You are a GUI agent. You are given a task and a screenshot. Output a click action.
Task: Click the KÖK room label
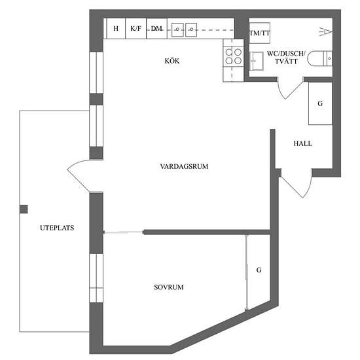pyautogui.click(x=172, y=61)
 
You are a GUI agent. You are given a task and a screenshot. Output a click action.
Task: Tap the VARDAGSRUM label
pyautogui.click(x=184, y=166)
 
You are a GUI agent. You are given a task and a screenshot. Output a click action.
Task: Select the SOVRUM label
pyautogui.click(x=169, y=287)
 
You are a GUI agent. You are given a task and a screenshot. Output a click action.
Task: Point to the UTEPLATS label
pyautogui.click(x=57, y=228)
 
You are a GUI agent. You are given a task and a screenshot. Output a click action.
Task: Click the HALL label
pyautogui.click(x=303, y=143)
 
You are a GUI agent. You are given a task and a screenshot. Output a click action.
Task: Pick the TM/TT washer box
pyautogui.click(x=259, y=33)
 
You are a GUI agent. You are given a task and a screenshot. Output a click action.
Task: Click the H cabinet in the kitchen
pyautogui.click(x=116, y=28)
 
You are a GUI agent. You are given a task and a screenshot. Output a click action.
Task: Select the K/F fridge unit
pyautogui.click(x=135, y=28)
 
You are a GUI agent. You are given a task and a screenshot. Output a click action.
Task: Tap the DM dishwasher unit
pyautogui.click(x=156, y=28)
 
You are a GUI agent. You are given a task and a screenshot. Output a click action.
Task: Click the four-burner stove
pyautogui.click(x=233, y=56)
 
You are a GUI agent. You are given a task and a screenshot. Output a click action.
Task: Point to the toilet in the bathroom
pyautogui.click(x=320, y=58)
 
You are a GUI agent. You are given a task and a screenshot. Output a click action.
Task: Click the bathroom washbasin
pyautogui.click(x=257, y=61)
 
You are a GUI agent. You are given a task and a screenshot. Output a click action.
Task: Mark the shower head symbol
pyautogui.click(x=325, y=31)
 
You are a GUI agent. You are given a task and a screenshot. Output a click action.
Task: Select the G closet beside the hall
pyautogui.click(x=320, y=103)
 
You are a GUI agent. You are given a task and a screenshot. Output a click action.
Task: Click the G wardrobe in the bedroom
pyautogui.click(x=259, y=270)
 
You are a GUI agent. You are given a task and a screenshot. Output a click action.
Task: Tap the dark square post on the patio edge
pyautogui.click(x=24, y=209)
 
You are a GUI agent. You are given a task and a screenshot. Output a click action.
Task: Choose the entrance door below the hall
pyautogui.click(x=296, y=184)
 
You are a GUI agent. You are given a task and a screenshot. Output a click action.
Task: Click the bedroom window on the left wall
pyautogui.click(x=96, y=278)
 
